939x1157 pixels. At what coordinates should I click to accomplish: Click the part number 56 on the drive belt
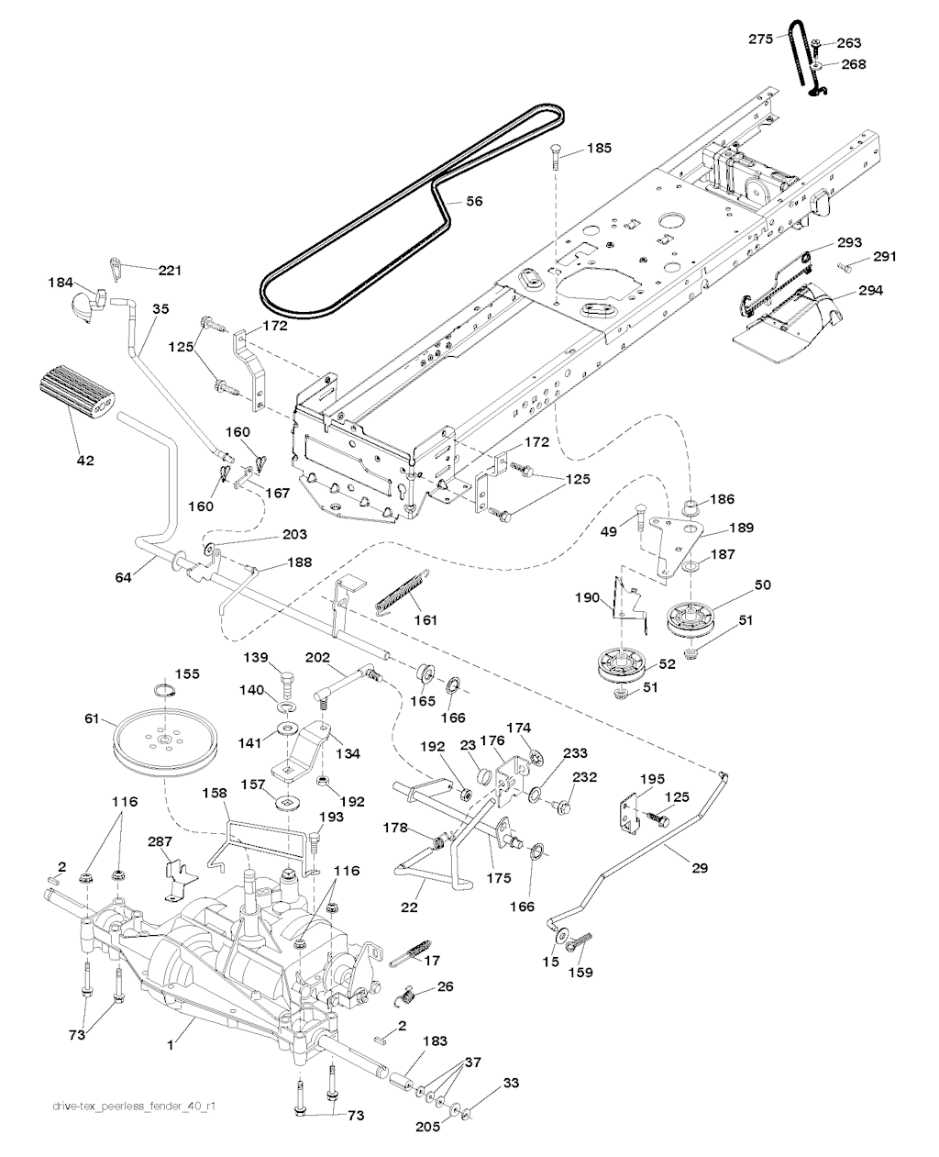coord(474,202)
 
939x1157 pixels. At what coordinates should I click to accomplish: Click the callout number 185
coord(599,148)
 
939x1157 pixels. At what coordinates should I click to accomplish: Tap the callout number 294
coord(870,291)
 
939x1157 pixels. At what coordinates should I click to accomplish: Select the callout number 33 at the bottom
coord(511,1084)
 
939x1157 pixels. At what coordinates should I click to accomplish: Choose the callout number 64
coord(124,577)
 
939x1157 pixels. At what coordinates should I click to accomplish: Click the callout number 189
coord(741,528)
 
